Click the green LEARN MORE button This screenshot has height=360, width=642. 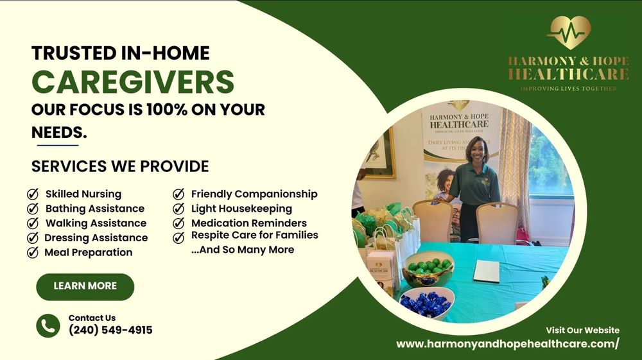click(x=85, y=286)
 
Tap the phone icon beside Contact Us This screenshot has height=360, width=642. click(x=48, y=325)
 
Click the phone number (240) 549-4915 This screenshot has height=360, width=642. click(x=110, y=330)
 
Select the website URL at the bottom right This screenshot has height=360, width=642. click(x=507, y=344)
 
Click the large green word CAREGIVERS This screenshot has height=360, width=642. click(x=133, y=81)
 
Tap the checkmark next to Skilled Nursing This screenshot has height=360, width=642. click(x=32, y=194)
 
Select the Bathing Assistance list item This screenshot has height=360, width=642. click(x=94, y=209)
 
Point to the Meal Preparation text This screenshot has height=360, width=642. click(x=88, y=252)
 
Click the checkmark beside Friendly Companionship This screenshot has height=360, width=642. click(x=179, y=194)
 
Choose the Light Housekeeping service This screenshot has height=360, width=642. click(x=241, y=209)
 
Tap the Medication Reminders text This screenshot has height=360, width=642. click(x=248, y=223)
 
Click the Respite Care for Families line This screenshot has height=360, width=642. click(x=254, y=236)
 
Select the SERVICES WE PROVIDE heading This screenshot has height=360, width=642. click(x=120, y=166)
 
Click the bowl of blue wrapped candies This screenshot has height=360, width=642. click(x=426, y=302)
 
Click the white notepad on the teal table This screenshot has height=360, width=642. click(x=487, y=271)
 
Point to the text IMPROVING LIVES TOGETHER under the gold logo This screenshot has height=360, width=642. click(x=568, y=88)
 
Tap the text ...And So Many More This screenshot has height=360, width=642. click(x=243, y=250)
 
